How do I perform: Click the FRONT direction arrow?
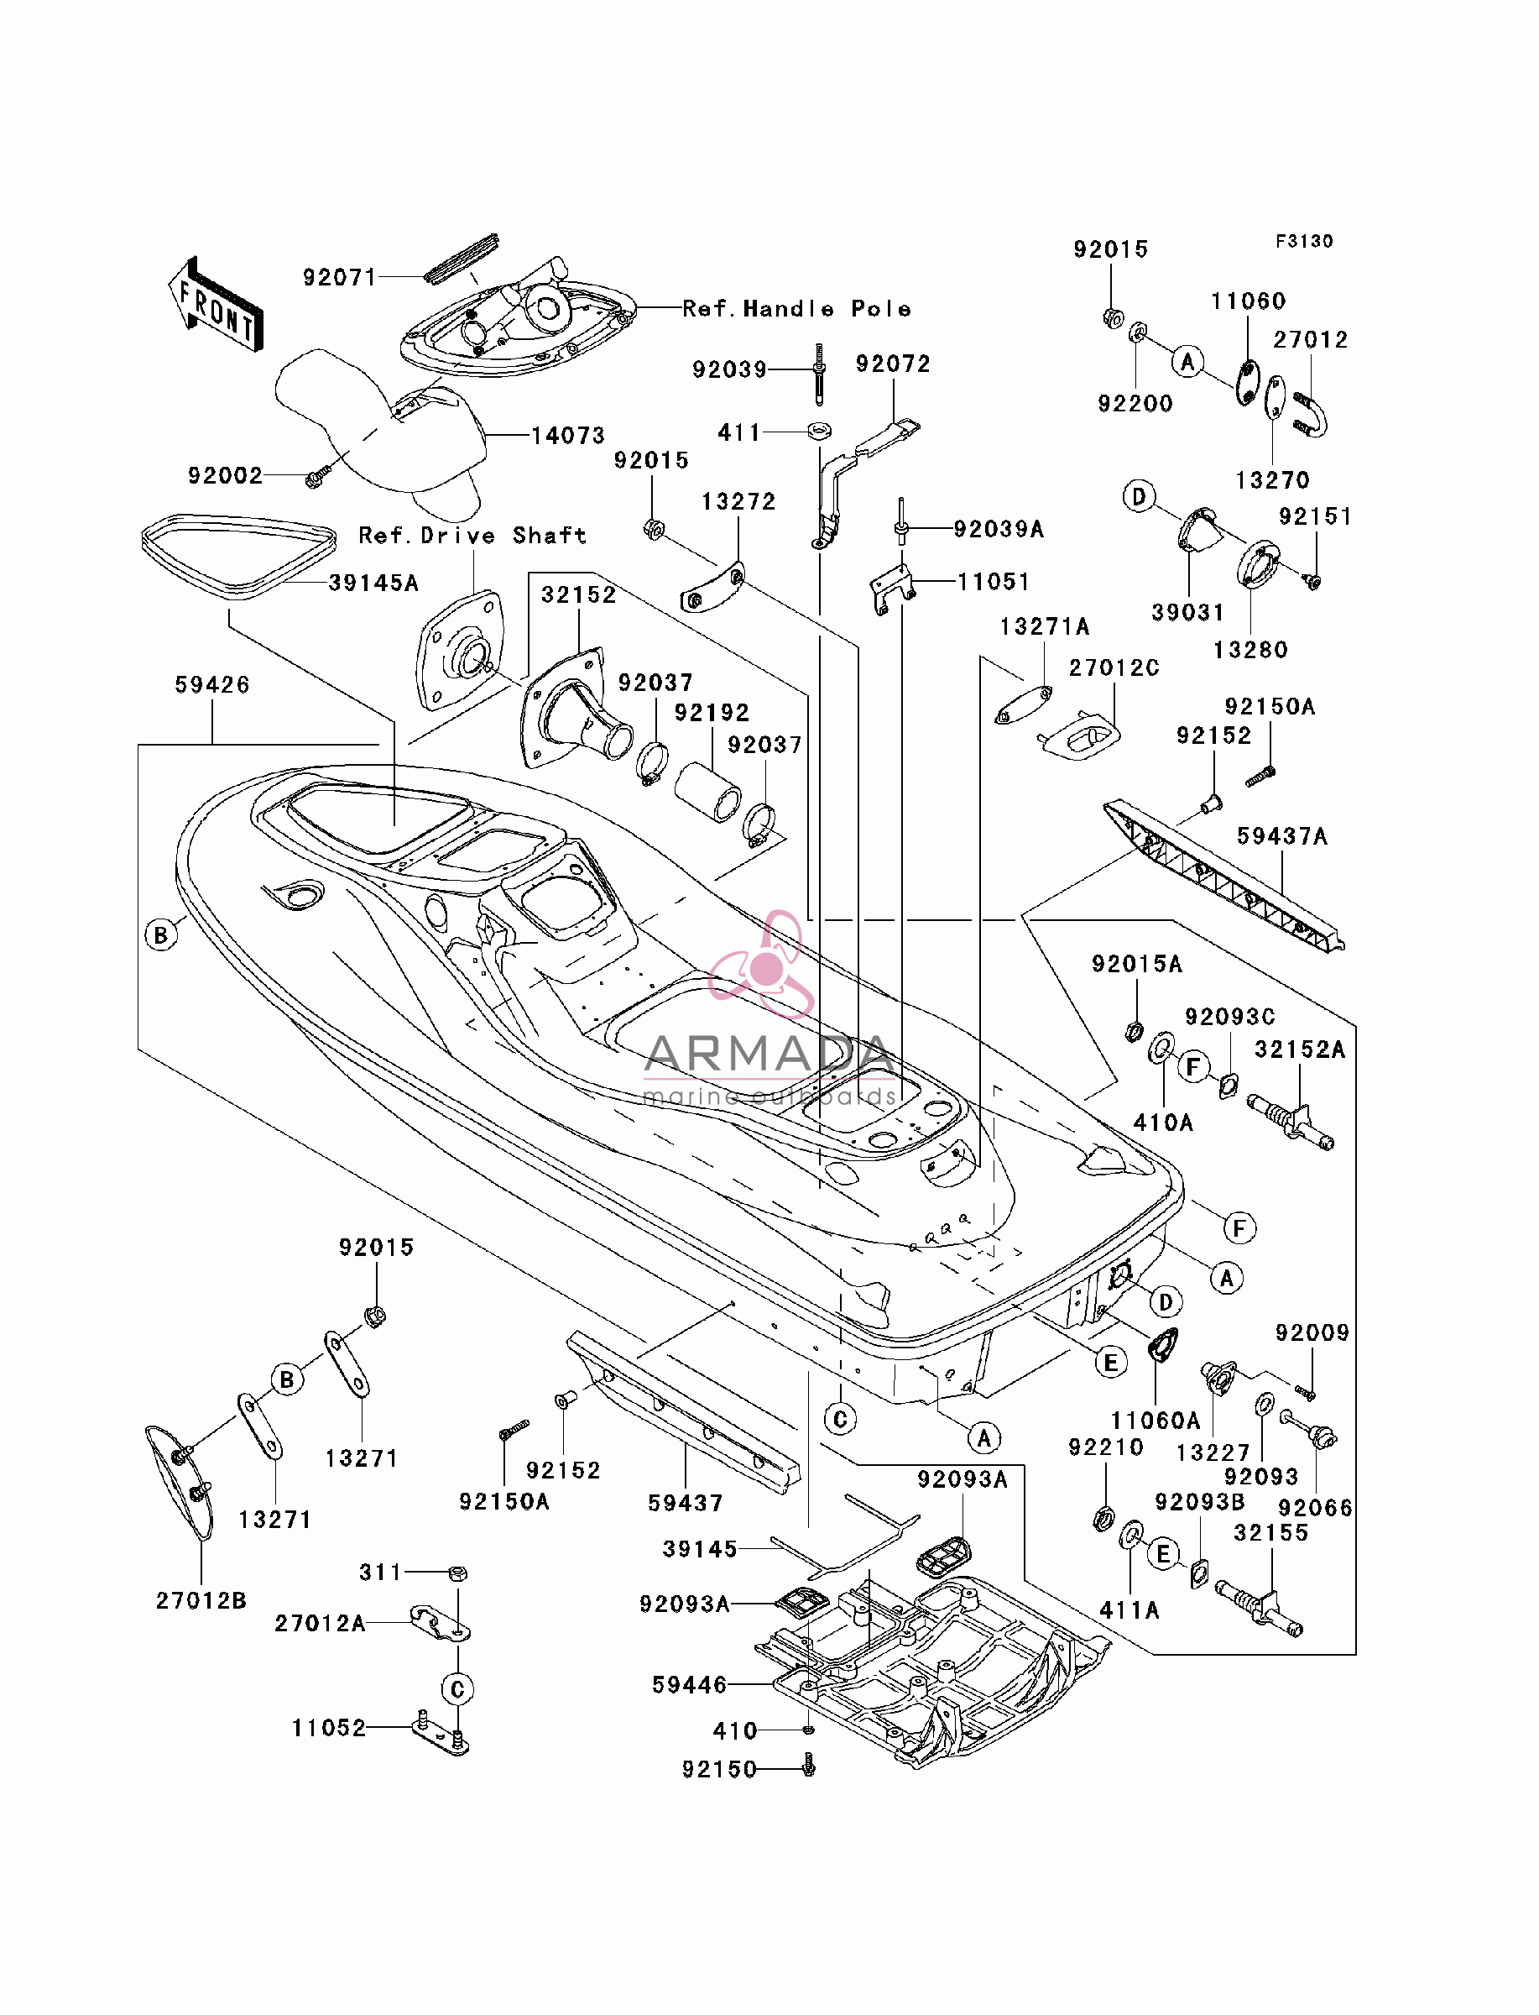(217, 303)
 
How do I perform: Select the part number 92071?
(340, 278)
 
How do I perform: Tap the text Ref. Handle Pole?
(797, 309)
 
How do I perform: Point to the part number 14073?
(569, 435)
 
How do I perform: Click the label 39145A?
(373, 583)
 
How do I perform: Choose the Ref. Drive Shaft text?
(472, 535)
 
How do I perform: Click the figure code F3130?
(1305, 241)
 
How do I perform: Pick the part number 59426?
(212, 684)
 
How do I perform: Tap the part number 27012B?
(201, 1600)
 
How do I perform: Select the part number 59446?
(690, 1684)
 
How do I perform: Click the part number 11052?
(329, 1727)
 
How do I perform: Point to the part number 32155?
(1271, 1533)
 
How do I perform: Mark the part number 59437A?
(1282, 835)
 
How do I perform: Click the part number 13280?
(1250, 650)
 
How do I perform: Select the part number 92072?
(893, 364)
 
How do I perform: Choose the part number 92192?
(712, 712)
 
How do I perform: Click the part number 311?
(381, 1573)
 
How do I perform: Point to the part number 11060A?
(1156, 1421)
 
